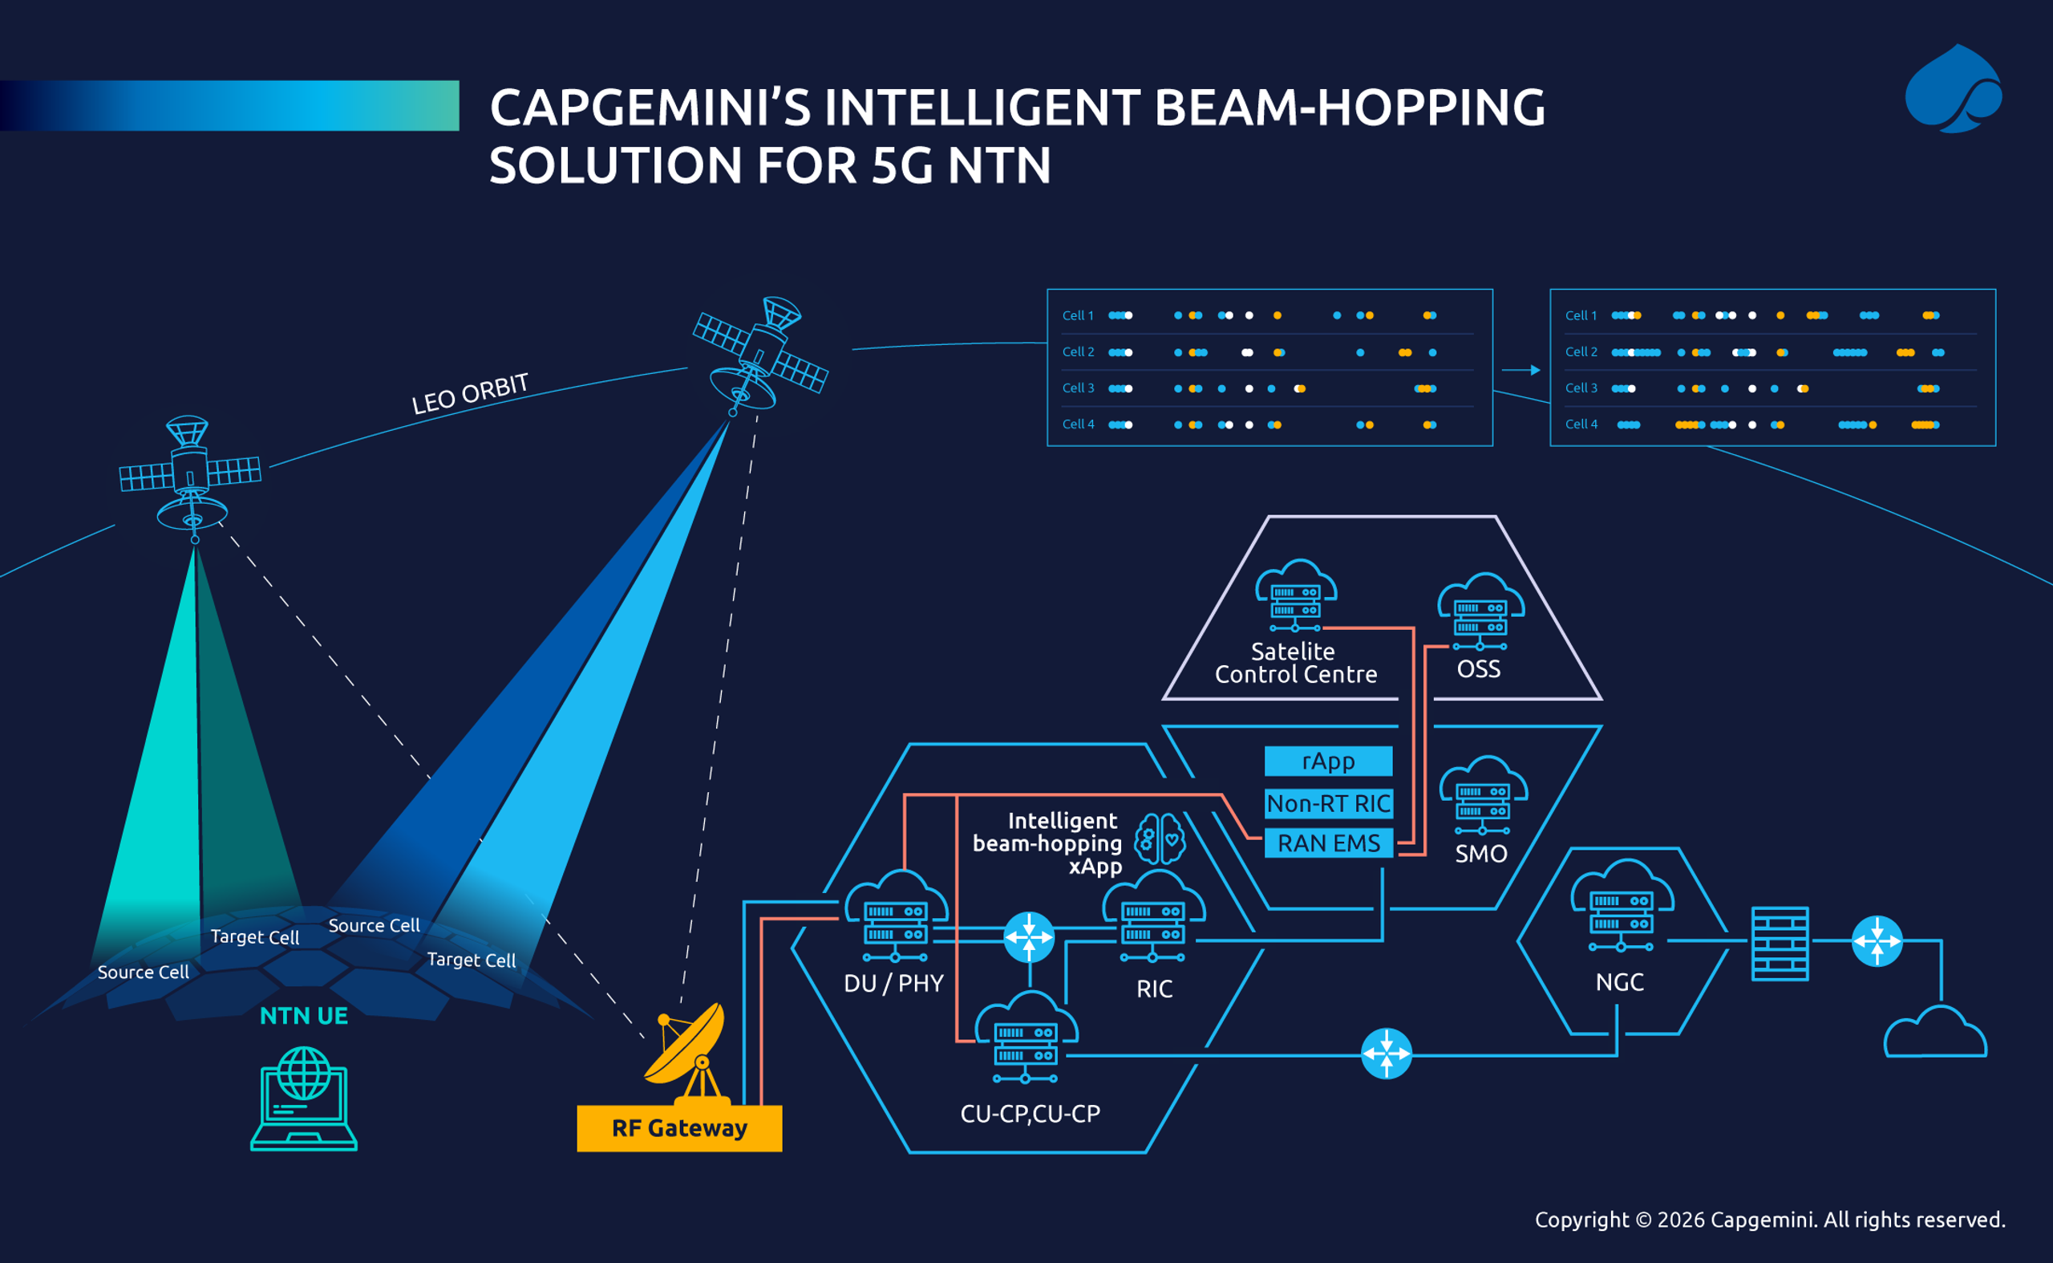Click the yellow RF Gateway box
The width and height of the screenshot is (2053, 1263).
point(678,1127)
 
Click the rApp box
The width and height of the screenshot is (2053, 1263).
point(1327,761)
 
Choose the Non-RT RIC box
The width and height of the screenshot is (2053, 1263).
point(1327,803)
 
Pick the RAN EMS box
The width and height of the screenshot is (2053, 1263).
point(1327,843)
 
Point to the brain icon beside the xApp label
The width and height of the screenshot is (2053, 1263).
point(1160,839)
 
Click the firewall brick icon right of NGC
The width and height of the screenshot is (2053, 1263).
point(1780,943)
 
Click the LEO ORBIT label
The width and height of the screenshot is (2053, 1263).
point(470,393)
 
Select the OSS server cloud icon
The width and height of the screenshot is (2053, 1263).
point(1480,612)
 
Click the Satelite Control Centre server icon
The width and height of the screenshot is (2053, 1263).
point(1296,595)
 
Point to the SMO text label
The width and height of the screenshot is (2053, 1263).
point(1481,854)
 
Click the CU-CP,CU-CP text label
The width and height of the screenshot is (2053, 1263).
point(1031,1114)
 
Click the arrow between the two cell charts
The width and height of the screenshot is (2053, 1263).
point(1521,370)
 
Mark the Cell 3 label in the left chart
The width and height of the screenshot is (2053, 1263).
point(1077,388)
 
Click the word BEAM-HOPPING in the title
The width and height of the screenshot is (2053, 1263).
point(1349,108)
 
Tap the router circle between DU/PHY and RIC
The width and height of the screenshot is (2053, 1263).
point(1029,937)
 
